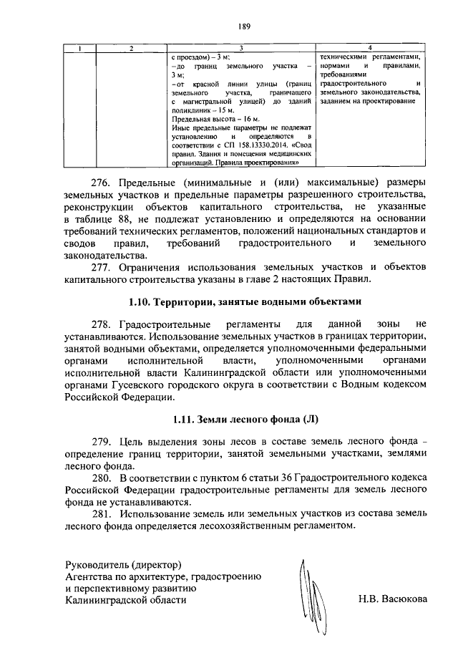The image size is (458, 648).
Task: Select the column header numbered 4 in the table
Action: [x=369, y=48]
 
